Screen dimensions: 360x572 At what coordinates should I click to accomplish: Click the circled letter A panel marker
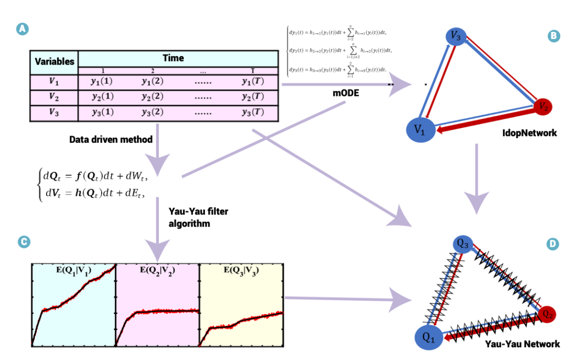point(23,30)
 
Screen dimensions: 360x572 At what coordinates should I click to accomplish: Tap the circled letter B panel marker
point(554,36)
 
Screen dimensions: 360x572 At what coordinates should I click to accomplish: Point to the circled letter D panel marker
point(553,244)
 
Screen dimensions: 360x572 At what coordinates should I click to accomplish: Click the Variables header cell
point(55,61)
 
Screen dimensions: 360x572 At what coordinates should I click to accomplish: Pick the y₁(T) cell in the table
point(252,83)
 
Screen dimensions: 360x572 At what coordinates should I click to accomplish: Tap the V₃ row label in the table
point(55,112)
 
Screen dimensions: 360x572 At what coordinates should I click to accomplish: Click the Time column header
point(173,58)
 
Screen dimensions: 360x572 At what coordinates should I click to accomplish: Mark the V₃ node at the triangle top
point(455,37)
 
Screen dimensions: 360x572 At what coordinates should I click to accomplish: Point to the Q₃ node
point(462,244)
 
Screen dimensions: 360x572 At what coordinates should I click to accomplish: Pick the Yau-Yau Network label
point(522,344)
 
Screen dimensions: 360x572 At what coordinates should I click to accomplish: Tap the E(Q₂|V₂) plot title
point(157,271)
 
